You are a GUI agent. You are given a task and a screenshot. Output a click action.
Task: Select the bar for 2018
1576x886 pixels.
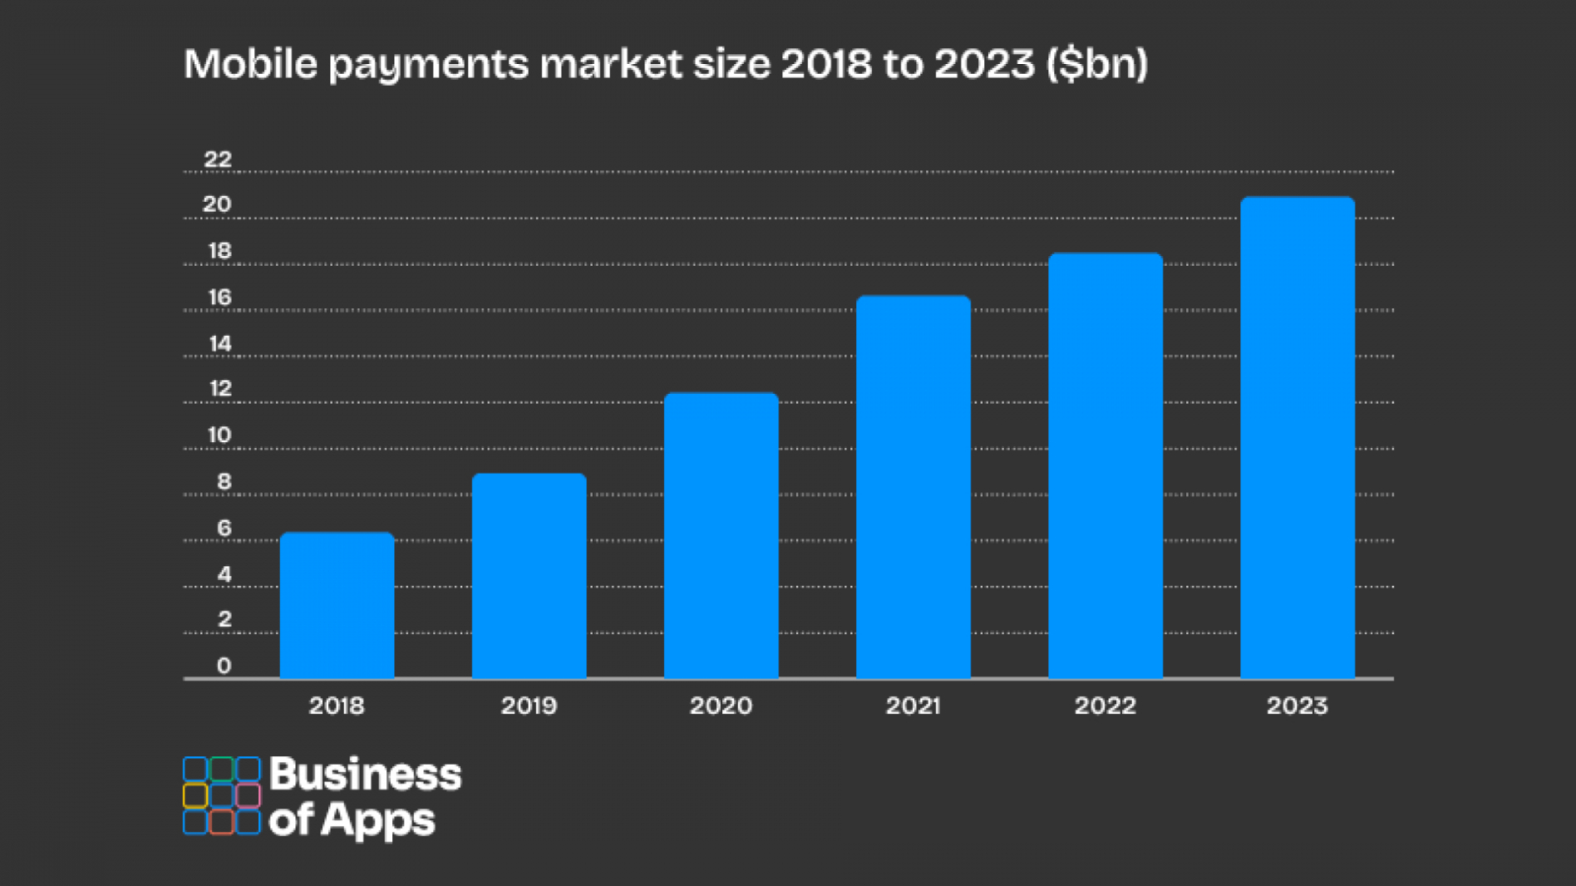337,605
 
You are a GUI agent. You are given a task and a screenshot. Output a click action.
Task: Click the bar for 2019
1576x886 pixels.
529,576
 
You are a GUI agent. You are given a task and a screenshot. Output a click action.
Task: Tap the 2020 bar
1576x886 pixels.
721,536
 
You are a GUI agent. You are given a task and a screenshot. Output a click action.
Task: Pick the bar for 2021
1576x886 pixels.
913,487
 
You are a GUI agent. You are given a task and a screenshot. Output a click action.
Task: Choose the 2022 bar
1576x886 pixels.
1105,466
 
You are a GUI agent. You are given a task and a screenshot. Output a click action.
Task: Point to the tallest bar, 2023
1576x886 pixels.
1297,438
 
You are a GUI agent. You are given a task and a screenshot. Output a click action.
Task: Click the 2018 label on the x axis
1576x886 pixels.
337,706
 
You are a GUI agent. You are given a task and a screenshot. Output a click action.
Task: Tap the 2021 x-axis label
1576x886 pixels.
913,706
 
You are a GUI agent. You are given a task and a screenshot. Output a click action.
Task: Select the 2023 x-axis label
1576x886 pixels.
1297,706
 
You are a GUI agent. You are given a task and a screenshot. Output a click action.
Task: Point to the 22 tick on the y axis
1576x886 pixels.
218,159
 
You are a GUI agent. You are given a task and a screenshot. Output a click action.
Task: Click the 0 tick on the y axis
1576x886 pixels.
224,665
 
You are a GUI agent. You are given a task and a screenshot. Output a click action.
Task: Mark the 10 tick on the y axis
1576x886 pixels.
219,435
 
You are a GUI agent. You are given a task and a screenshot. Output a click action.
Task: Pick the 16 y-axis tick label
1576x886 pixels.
220,297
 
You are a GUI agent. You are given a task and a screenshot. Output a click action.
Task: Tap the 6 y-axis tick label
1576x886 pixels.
224,529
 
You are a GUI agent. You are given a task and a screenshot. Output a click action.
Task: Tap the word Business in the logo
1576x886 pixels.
364,775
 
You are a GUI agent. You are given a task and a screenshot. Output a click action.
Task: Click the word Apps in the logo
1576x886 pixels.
378,821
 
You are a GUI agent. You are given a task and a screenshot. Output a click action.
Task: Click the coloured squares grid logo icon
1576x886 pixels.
222,795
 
